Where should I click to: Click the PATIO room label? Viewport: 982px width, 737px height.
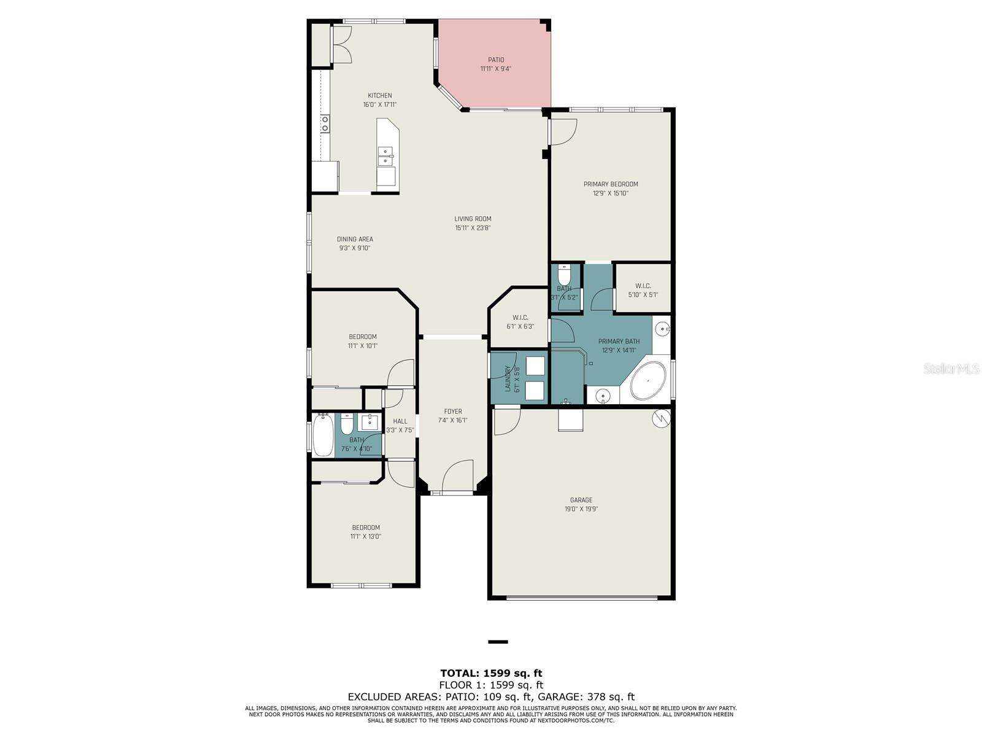point(496,60)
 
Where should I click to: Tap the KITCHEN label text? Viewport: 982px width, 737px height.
point(379,95)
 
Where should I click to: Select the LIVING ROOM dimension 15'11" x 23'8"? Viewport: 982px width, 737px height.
point(473,228)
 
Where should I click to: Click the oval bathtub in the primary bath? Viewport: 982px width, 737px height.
point(648,381)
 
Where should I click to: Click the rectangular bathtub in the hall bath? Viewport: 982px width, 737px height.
point(323,435)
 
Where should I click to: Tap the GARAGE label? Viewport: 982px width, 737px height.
point(581,500)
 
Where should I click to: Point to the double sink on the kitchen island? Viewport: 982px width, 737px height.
point(386,157)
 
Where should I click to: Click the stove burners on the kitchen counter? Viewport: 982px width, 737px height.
point(325,124)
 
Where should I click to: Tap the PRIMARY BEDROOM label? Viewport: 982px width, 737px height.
point(610,184)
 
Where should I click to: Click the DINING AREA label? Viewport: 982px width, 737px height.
point(355,239)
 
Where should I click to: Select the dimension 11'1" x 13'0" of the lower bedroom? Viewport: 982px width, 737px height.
point(366,536)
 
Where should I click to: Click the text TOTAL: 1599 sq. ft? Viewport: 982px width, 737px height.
point(491,673)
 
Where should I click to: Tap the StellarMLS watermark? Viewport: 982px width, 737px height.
point(952,368)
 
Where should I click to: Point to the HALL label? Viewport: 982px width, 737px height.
point(400,421)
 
